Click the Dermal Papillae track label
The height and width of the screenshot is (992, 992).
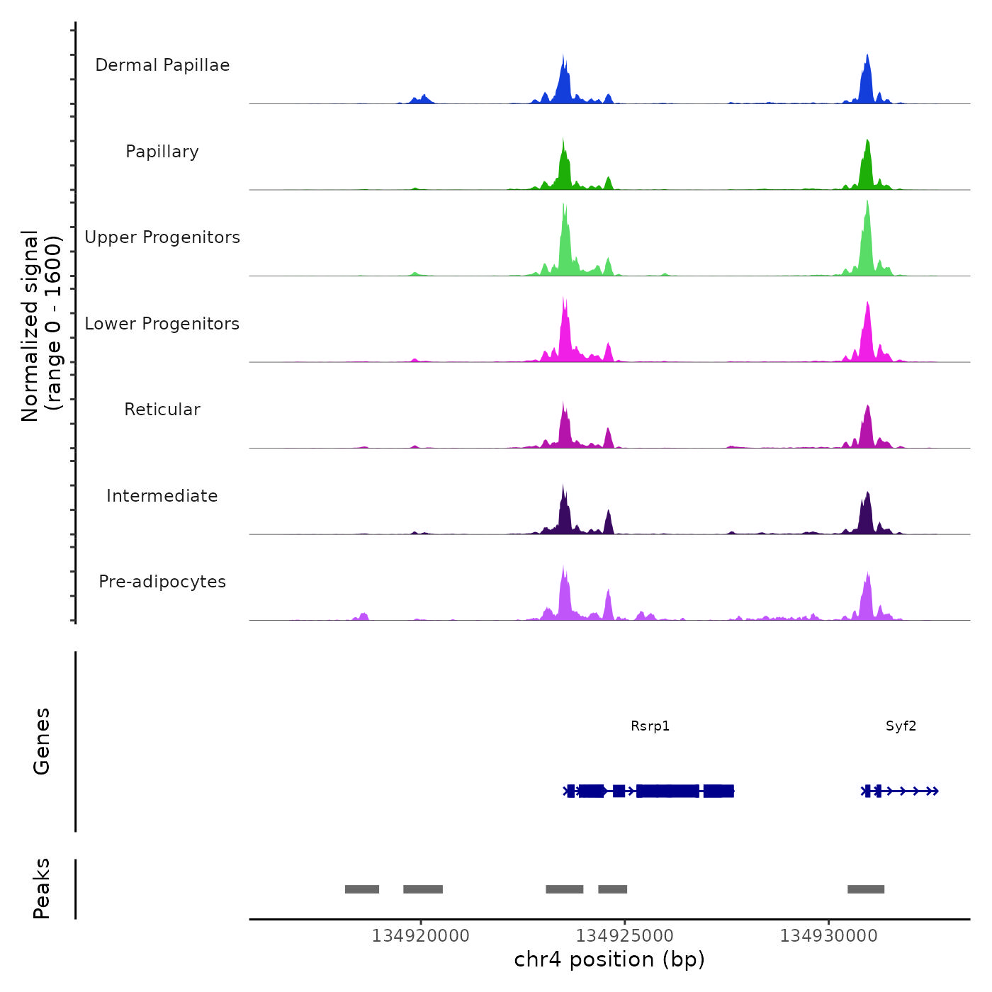162,65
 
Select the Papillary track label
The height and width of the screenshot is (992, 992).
162,152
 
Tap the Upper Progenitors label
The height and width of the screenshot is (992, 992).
162,237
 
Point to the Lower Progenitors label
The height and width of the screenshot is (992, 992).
162,324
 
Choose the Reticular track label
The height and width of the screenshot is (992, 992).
162,410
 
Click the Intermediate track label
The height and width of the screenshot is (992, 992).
162,496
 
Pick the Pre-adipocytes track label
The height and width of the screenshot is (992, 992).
162,582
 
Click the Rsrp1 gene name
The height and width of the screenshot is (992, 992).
650,726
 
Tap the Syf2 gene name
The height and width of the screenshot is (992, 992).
901,726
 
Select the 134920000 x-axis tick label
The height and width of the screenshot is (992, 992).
420,936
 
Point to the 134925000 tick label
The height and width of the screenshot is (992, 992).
624,936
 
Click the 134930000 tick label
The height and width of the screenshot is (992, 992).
828,936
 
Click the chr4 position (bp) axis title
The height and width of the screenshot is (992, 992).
609,959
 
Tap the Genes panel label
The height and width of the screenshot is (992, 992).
42,741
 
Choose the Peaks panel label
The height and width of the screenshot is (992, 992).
42,889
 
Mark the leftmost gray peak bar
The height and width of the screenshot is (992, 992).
361,889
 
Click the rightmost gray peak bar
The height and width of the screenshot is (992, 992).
865,889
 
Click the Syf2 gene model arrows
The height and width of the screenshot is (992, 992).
911,791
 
